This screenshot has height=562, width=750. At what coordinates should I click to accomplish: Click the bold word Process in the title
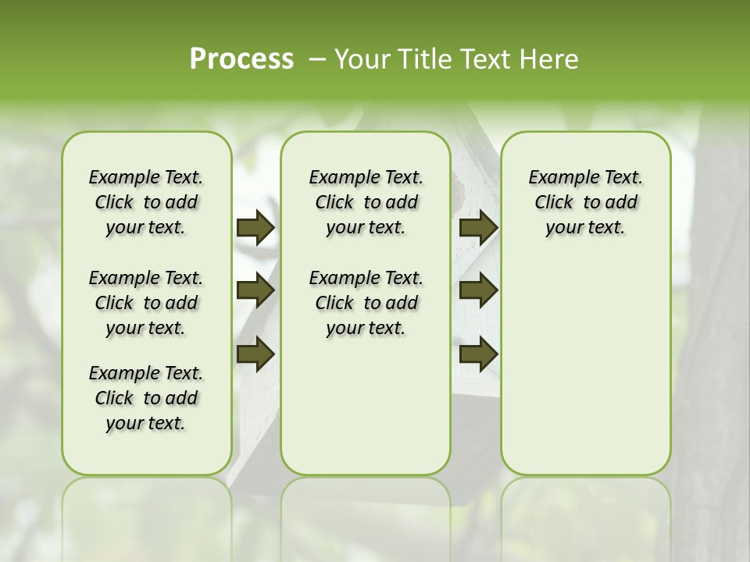[x=241, y=59]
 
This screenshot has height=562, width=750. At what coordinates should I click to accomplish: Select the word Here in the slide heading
[x=552, y=59]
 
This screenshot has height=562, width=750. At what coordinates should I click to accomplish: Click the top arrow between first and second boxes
[x=255, y=228]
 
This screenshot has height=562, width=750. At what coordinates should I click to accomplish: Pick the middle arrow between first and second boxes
[x=255, y=291]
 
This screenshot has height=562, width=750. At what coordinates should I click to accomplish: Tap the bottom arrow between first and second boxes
[x=255, y=354]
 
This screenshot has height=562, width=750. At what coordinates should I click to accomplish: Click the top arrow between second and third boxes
[x=478, y=228]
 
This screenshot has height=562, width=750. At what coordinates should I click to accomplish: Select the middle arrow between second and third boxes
[x=478, y=291]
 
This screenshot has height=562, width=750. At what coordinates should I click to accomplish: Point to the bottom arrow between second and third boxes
[x=478, y=354]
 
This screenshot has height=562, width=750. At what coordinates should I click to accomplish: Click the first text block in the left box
[x=146, y=202]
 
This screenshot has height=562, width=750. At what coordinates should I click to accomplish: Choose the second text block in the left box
[x=146, y=303]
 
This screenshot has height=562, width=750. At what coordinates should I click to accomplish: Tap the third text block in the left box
[x=146, y=398]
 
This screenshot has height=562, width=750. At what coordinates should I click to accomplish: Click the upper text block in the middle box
[x=366, y=202]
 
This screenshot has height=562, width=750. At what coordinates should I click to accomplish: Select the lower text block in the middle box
[x=366, y=303]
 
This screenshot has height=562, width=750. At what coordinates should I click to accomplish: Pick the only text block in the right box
[x=585, y=202]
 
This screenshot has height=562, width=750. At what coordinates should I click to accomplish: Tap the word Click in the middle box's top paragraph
[x=334, y=203]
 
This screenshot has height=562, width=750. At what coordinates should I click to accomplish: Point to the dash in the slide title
[x=317, y=59]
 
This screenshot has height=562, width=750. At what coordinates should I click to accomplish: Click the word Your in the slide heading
[x=362, y=59]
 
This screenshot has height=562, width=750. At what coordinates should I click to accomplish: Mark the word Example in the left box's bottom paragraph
[x=118, y=374]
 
